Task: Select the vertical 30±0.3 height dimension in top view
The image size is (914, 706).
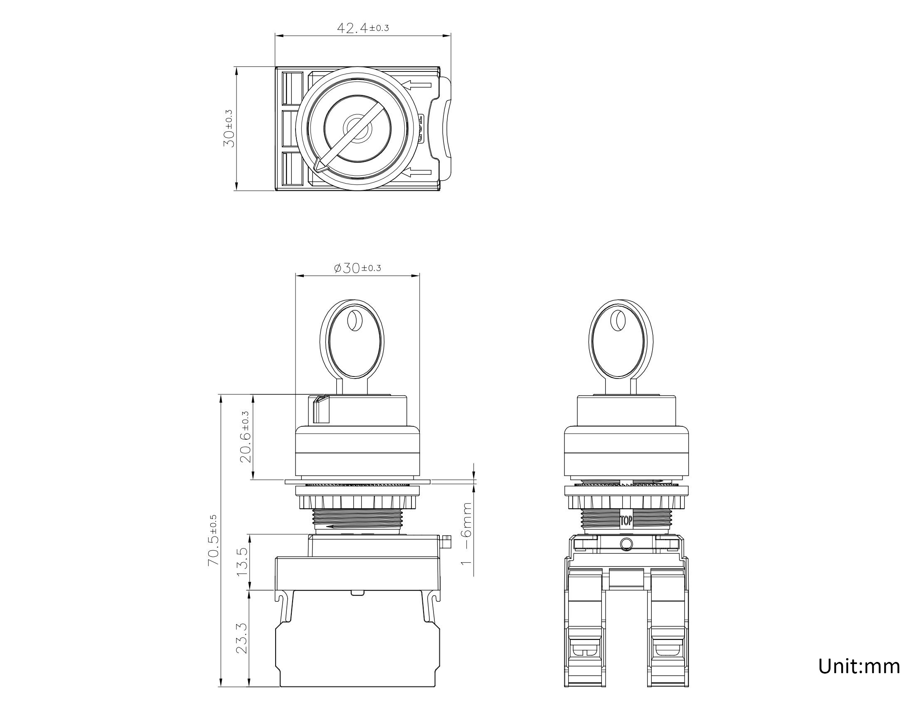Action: click(229, 128)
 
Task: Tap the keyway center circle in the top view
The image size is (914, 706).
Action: click(357, 129)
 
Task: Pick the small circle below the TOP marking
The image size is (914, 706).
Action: click(626, 544)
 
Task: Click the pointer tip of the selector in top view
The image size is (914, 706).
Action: click(318, 166)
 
